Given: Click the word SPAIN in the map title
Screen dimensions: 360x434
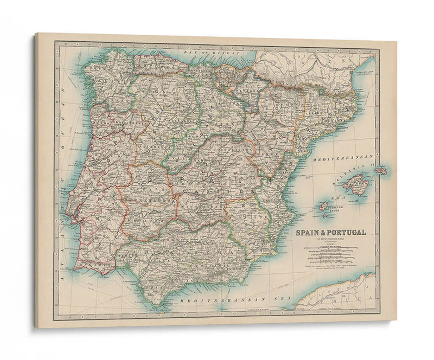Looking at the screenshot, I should [x=309, y=232].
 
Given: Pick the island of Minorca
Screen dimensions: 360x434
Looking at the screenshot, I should [x=381, y=170].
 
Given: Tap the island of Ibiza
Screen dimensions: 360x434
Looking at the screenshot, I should [x=324, y=206].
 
